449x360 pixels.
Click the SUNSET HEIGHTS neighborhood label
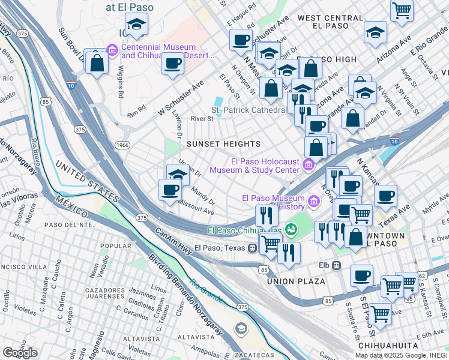click(223, 145)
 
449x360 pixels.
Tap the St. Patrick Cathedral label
click(248, 110)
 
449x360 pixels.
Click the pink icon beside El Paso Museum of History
click(312, 200)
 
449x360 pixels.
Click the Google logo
click(20, 353)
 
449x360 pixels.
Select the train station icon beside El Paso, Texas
click(253, 248)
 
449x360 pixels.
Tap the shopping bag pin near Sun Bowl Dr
click(97, 62)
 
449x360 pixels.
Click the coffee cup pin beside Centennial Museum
click(173, 63)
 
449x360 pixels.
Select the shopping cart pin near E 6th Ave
click(380, 313)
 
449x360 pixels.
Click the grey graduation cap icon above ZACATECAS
click(241, 328)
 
